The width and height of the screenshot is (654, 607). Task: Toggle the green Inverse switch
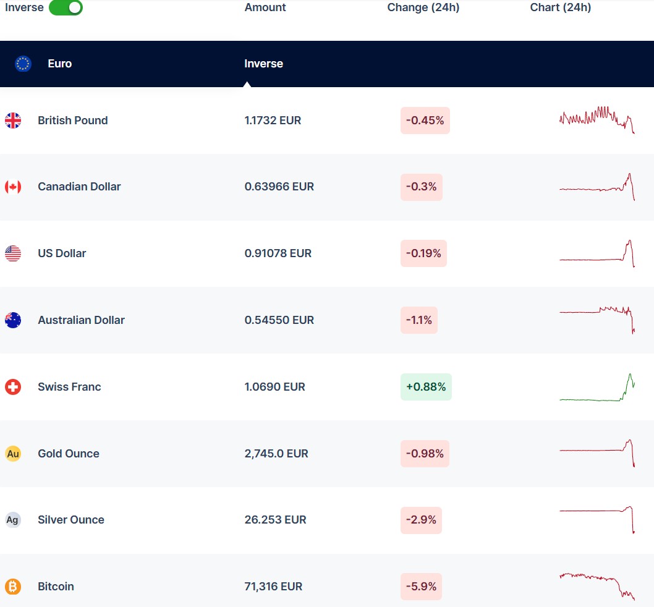pos(66,7)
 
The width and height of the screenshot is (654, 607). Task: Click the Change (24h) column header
pos(423,7)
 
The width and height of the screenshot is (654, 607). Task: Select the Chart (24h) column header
pos(560,7)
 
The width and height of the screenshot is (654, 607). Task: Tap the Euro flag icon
pos(23,64)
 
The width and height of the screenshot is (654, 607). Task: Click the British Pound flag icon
pos(13,121)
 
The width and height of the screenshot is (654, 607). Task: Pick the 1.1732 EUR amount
pos(273,121)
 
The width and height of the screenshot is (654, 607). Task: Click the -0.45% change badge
pos(425,121)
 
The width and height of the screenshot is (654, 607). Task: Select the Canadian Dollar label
pos(79,187)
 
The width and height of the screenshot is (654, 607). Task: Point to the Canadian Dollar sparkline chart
pos(597,187)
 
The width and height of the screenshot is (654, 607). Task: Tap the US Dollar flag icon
pos(13,253)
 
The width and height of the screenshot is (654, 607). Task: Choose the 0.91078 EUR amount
pos(278,253)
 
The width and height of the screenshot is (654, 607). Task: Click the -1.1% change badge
pos(418,320)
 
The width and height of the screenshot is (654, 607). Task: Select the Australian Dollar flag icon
pos(13,320)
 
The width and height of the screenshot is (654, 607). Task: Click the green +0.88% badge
pos(425,387)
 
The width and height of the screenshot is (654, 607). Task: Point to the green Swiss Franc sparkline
pos(597,388)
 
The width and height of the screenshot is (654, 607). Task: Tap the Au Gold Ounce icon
pos(13,454)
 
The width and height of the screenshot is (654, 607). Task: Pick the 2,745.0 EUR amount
pos(276,454)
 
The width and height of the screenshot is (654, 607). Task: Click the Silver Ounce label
pos(70,520)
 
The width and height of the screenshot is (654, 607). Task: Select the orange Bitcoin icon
pos(13,587)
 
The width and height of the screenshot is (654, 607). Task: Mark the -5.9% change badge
pos(421,587)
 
